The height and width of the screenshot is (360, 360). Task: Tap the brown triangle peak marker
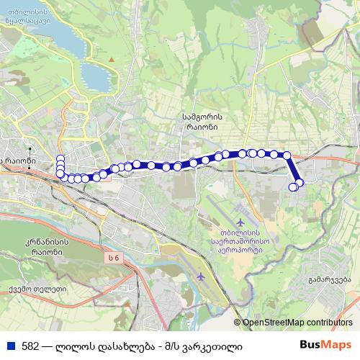111,58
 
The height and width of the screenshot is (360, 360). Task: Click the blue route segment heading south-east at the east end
293,169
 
